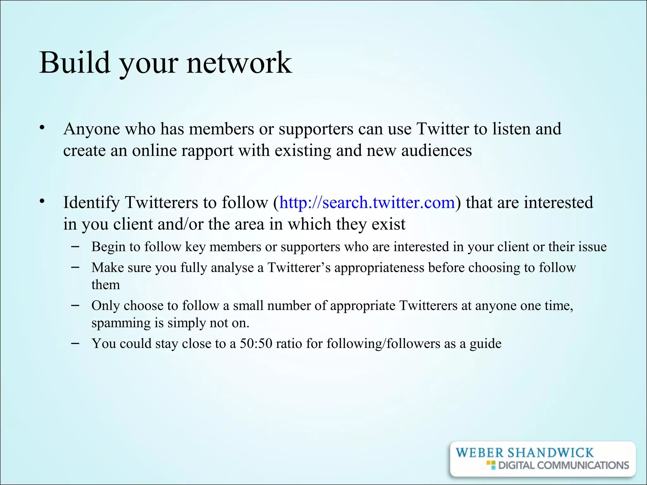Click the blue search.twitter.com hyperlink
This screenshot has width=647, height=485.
(367, 202)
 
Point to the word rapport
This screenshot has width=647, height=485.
(207, 151)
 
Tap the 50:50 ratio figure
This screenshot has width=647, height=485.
(256, 344)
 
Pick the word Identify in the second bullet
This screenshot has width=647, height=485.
(91, 203)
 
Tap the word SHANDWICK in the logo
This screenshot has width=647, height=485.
(550, 453)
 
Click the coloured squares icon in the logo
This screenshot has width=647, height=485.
(491, 465)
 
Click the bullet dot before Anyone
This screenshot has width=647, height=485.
(42, 128)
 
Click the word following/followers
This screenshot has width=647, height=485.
(383, 344)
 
